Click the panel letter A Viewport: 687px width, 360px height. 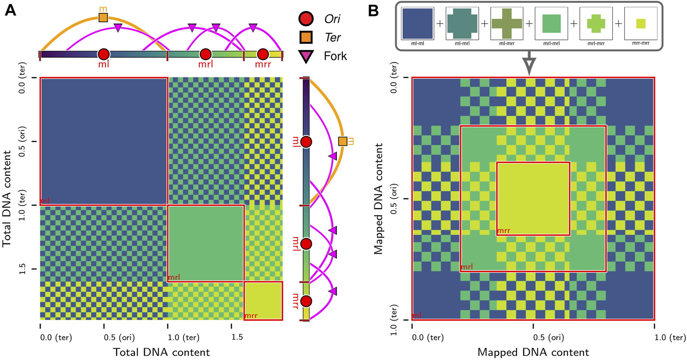coord(10,10)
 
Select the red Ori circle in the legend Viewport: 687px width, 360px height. coord(306,19)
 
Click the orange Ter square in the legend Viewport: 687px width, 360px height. coord(306,38)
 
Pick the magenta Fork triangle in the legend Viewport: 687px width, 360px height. coord(306,57)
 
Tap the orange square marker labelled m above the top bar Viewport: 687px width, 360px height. coord(103,17)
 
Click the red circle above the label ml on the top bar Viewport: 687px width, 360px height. coord(104,54)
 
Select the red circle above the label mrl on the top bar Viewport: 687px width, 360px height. coord(205,54)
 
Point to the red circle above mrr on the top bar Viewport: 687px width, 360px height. coord(263,54)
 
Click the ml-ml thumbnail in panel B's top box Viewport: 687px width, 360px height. coord(418,24)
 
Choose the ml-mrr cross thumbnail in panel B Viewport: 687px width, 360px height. coord(507,24)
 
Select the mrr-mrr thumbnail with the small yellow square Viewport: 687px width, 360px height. coord(640,24)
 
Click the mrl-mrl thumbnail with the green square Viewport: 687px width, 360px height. coord(551,24)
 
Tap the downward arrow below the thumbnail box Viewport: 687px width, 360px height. coord(529,66)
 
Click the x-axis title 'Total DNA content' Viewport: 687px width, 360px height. coord(161,352)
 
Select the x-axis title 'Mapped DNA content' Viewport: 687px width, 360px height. coord(533,352)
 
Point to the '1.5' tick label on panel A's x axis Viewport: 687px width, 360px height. coord(237,337)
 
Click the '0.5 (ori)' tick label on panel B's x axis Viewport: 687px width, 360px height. coord(549,337)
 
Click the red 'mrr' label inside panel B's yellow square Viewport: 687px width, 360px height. coord(504,231)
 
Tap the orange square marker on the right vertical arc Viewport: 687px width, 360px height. coord(343,141)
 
